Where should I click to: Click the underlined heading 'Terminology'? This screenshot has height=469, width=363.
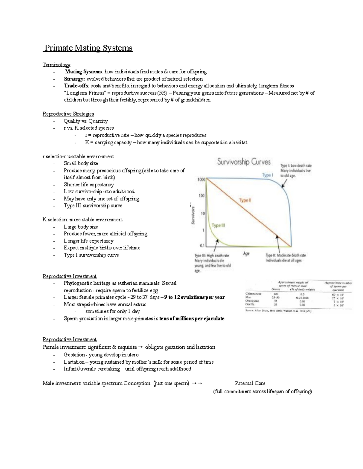56,65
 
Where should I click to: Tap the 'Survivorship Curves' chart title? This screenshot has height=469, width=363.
244,162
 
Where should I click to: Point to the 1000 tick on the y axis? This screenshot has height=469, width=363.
201,179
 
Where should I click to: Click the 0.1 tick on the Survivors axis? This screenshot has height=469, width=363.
202,246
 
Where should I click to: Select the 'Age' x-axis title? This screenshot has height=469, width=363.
246,254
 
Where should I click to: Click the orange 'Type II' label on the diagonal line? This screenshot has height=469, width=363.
245,200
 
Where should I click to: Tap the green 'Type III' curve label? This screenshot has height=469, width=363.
218,226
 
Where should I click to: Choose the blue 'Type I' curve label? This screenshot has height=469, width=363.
267,175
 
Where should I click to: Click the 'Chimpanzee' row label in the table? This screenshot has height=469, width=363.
253,294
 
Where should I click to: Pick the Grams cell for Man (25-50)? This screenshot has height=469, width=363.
276,297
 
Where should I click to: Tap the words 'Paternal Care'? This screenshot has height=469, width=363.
250,383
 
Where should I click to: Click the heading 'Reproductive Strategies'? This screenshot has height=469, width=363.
68,114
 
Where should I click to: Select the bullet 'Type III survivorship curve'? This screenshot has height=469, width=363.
93,206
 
